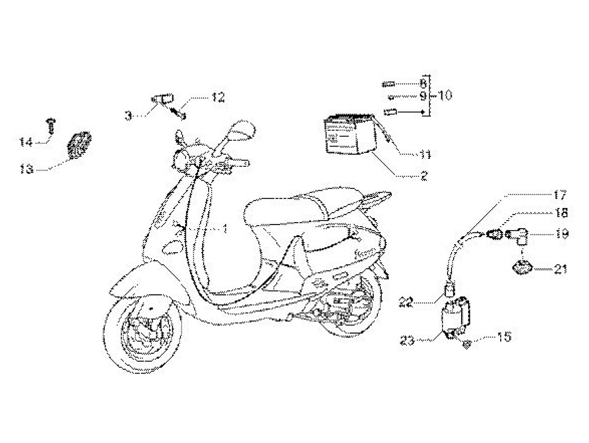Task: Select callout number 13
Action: click(x=27, y=169)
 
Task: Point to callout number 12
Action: click(x=218, y=98)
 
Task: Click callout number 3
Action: click(x=128, y=115)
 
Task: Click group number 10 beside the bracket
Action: click(x=444, y=96)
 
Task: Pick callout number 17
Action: click(x=560, y=195)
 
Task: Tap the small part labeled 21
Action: click(x=521, y=267)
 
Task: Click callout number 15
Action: click(x=504, y=337)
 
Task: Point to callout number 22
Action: click(x=407, y=302)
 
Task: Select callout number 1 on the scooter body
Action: click(x=225, y=229)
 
